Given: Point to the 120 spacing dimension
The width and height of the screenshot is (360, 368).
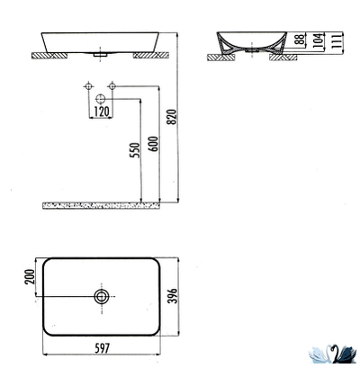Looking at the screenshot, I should point(101,112).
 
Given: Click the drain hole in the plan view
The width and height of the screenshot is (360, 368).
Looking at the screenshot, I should point(102,295).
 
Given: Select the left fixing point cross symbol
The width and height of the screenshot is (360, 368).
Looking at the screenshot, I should point(88,87).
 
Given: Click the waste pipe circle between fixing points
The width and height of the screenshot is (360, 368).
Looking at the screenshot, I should point(101,98).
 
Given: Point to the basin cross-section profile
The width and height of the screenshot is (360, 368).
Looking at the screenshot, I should point(245,43).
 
